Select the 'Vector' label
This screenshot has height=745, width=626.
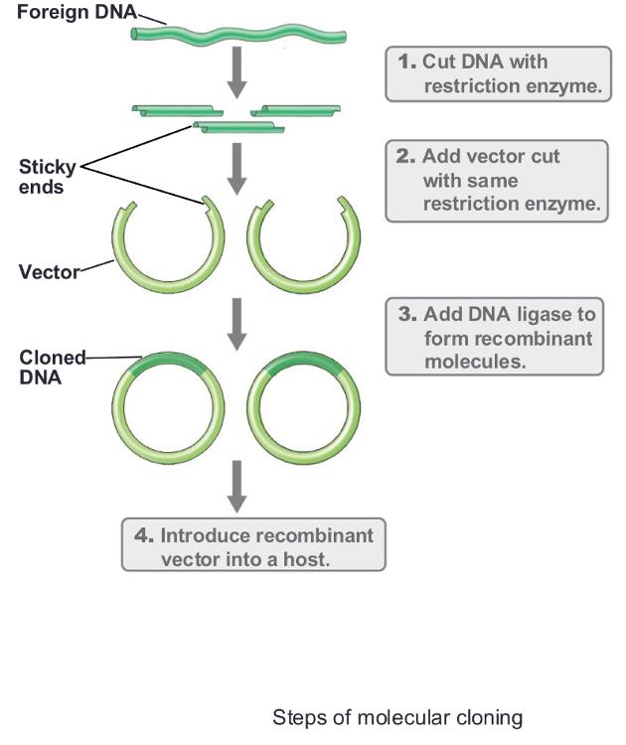(49, 270)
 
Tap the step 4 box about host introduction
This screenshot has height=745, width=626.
(252, 545)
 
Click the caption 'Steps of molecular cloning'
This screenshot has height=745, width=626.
(396, 717)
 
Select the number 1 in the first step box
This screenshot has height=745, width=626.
(405, 62)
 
